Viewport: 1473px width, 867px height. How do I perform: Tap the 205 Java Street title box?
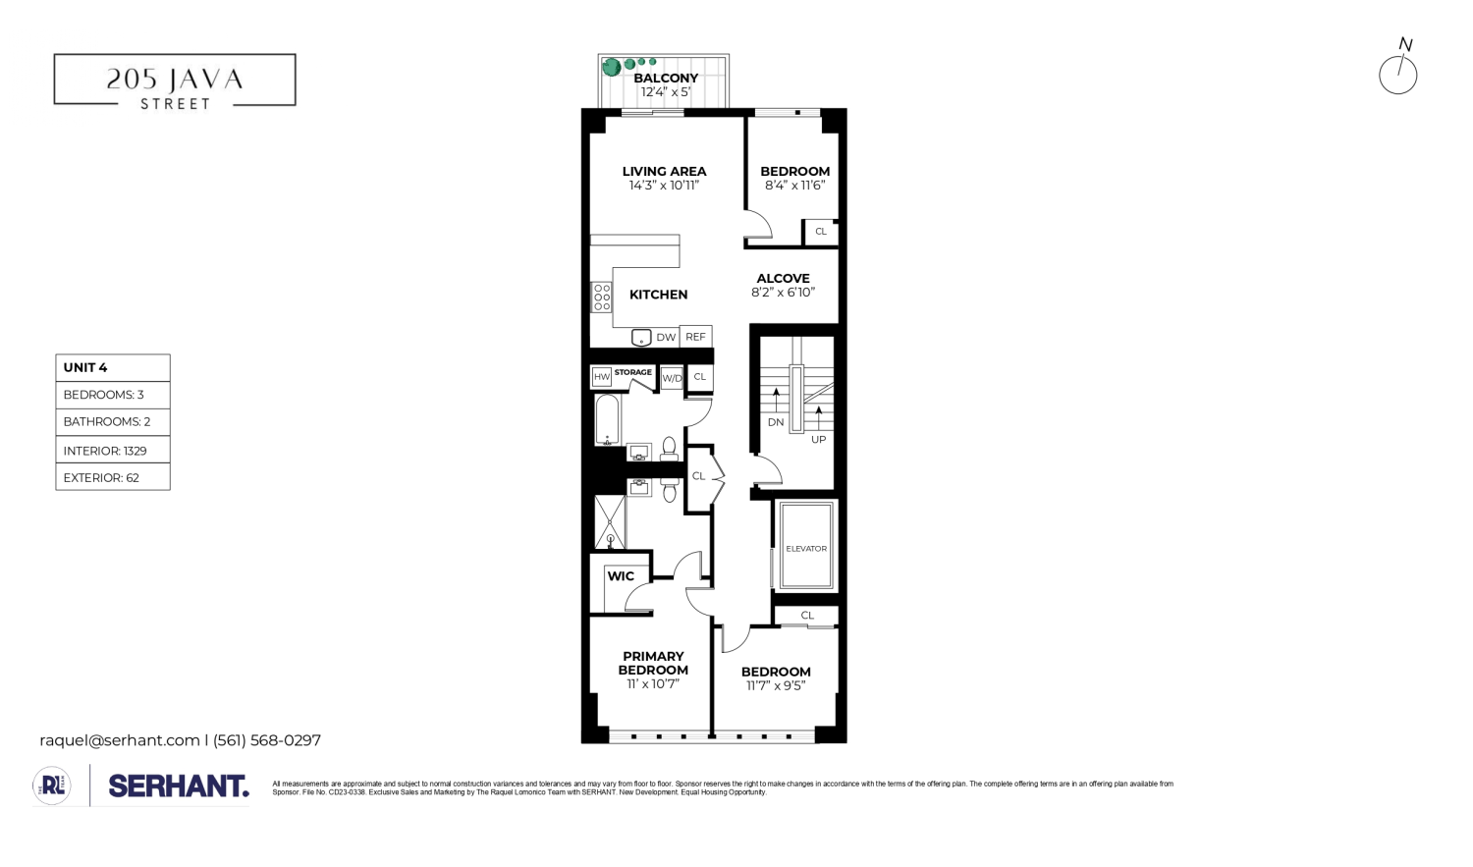tap(175, 81)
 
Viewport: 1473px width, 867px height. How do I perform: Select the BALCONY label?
tap(666, 79)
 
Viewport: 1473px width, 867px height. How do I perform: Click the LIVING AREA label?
tap(664, 172)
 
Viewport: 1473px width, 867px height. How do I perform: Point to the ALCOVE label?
tap(783, 279)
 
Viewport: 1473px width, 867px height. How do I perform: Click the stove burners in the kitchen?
tap(602, 298)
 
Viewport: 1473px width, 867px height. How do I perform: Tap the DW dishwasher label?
tap(666, 338)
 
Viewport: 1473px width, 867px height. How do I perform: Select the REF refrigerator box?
tap(695, 337)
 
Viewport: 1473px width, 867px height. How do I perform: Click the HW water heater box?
tap(602, 377)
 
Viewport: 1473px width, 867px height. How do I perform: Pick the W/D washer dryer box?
tap(672, 378)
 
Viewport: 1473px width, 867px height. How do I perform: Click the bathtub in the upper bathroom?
tap(608, 419)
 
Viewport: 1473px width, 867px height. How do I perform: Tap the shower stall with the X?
tap(610, 521)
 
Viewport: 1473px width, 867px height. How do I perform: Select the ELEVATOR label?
tap(806, 548)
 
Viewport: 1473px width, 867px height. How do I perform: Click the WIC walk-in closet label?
tap(621, 576)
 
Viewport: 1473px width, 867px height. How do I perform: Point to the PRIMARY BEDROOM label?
tap(653, 663)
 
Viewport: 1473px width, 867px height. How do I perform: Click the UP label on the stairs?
tap(818, 440)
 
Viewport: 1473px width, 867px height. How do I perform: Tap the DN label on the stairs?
tap(776, 422)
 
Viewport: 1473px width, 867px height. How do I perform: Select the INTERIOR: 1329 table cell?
tap(113, 451)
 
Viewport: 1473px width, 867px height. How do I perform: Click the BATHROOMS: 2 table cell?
tap(113, 422)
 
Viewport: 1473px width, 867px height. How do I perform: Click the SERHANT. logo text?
tap(179, 786)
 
